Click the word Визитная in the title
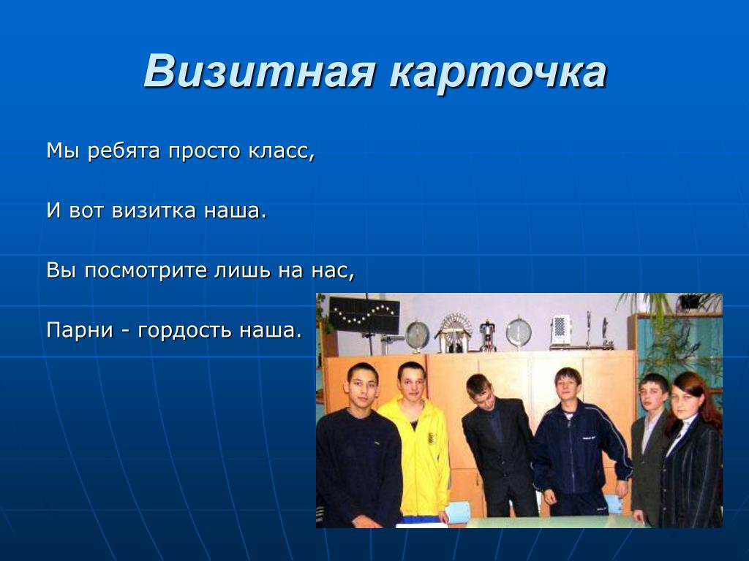(259, 72)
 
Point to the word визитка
(154, 211)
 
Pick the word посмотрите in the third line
(146, 270)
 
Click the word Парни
(80, 330)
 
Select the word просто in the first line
(205, 152)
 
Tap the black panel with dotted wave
(364, 316)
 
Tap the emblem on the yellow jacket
(431, 438)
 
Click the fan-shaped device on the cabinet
(453, 332)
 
